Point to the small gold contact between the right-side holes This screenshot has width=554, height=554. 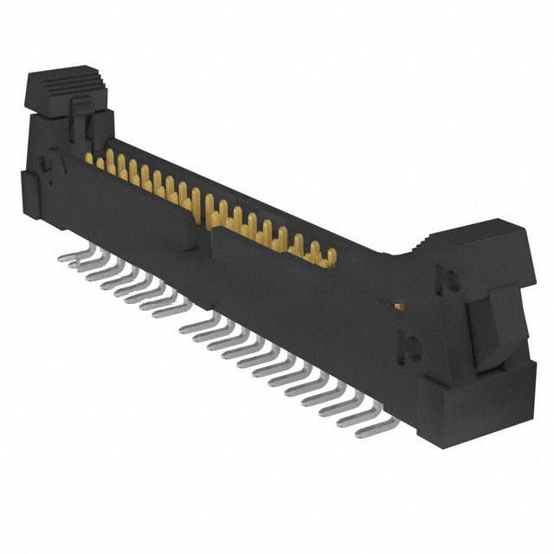398,306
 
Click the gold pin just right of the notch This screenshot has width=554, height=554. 223,211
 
